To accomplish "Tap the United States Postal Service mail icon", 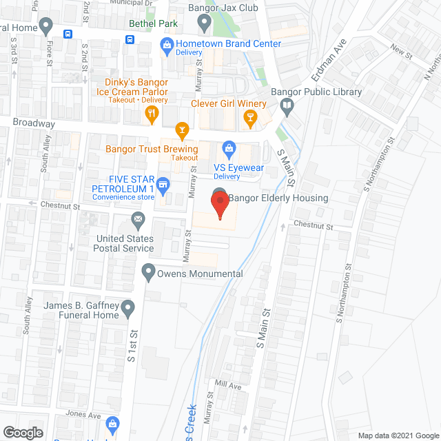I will pyautogui.click(x=138, y=220).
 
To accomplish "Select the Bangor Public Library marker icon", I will pyautogui.click(x=287, y=106).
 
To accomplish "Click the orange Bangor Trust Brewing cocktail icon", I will pyautogui.click(x=181, y=129).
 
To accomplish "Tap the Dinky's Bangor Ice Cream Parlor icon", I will pyautogui.click(x=153, y=118).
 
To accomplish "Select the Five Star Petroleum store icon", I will pyautogui.click(x=163, y=184).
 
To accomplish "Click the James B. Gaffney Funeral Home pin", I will pyautogui.click(x=127, y=309).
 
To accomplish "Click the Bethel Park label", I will pyautogui.click(x=153, y=23).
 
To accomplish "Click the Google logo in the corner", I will pyautogui.click(x=22, y=432).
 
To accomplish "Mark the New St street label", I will pyautogui.click(x=400, y=49).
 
